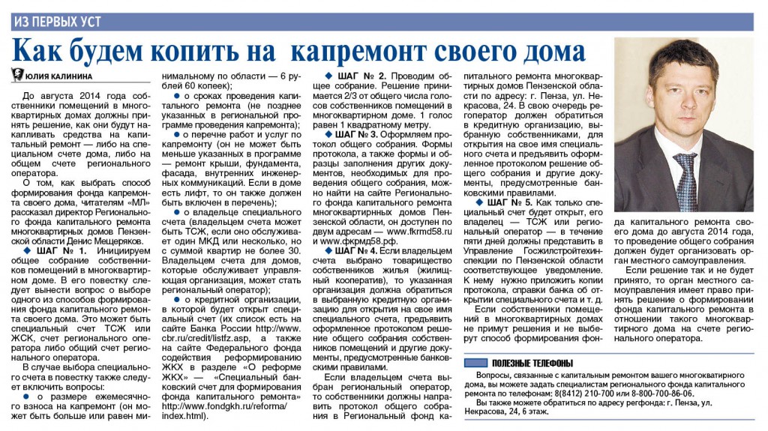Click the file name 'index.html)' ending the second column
pyautogui.click(x=184, y=415)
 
